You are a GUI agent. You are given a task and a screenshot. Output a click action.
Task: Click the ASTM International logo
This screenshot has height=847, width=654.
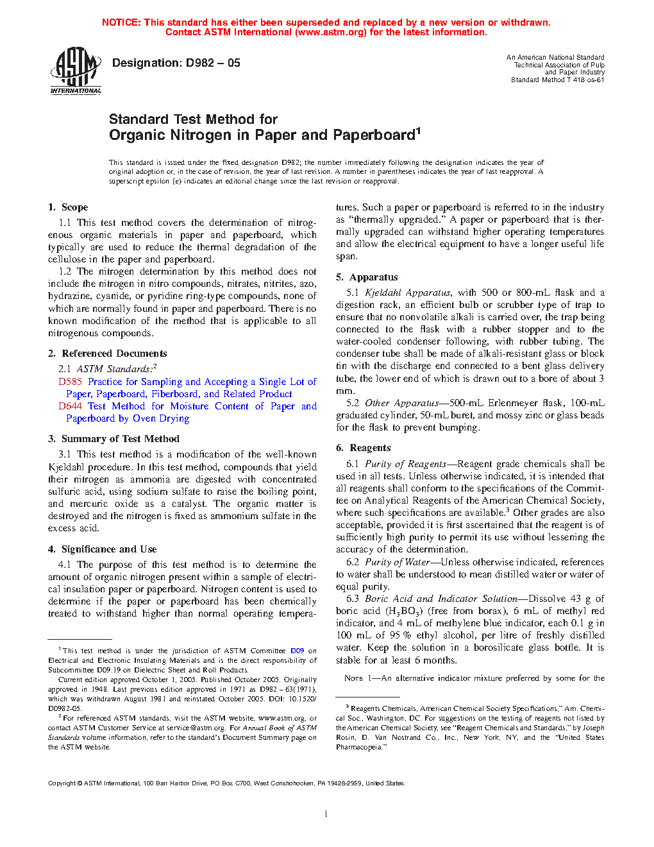point(76,71)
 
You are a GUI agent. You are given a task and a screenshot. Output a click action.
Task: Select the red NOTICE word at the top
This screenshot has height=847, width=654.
point(121,22)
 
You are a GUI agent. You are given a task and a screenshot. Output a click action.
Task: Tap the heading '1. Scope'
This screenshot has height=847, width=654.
point(68,207)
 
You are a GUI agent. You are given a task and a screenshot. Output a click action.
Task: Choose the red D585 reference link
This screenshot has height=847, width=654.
point(70,382)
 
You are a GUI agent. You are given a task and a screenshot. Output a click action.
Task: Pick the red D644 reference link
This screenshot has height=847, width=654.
point(70,406)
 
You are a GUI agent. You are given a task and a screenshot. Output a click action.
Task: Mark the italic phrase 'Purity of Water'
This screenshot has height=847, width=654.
point(397,562)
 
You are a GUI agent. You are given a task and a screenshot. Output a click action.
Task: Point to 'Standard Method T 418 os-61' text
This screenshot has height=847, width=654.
point(557,80)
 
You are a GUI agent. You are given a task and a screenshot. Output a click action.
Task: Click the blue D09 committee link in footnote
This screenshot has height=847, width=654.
point(297,651)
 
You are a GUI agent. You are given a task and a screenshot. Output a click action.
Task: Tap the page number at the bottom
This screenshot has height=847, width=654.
point(326,814)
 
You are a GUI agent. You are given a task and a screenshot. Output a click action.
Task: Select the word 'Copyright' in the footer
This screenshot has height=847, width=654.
point(62,783)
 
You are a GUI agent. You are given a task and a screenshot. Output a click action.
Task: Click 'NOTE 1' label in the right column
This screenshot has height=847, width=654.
point(353,678)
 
